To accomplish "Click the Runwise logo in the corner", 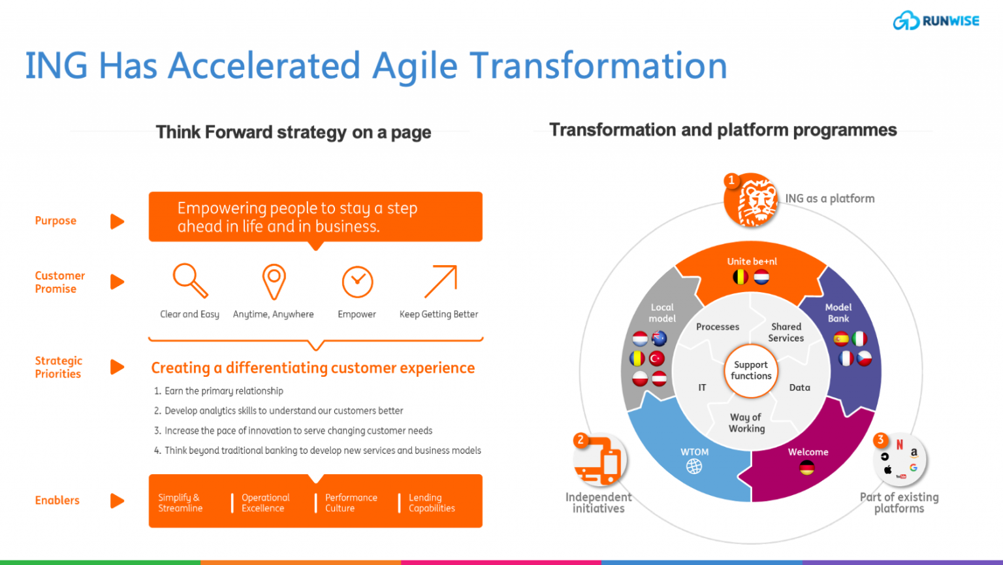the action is coord(936,21).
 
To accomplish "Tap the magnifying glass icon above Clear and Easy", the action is coord(190,280).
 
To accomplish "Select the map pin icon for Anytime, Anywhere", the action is coord(274,282).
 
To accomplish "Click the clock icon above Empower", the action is coord(357,282).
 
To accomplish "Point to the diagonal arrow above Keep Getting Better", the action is coord(441,282).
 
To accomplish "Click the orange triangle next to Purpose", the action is coord(117,221).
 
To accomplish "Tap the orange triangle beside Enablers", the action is coord(117,500).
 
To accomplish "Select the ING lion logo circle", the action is coord(751,200).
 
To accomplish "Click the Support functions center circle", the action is coord(751,370).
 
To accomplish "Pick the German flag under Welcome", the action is coord(807,468).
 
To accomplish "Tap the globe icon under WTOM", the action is coord(694,466).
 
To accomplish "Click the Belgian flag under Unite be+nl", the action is coord(740,278).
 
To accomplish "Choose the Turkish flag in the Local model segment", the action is coord(657,359).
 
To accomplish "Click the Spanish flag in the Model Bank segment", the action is coord(841,339).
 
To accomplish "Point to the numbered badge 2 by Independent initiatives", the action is coord(581,440).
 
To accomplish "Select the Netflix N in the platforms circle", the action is coord(900,444).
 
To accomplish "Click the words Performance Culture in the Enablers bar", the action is coord(351,503).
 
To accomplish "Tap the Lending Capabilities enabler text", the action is coord(432,503).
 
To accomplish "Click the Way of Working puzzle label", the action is coord(746,423).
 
